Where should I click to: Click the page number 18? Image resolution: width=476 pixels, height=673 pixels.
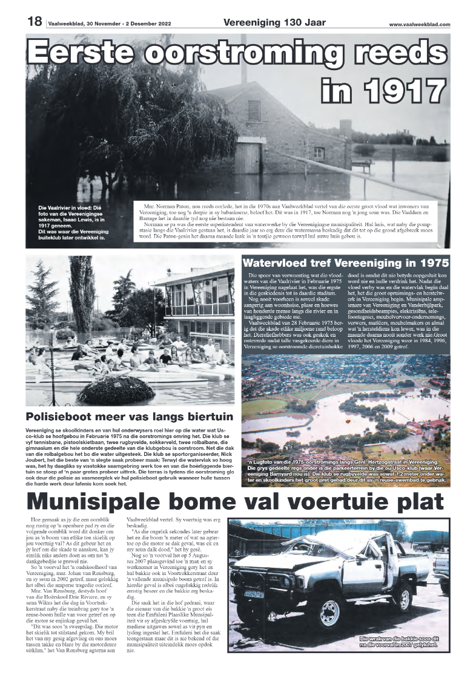33,22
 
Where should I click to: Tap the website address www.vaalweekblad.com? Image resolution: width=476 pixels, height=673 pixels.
420,25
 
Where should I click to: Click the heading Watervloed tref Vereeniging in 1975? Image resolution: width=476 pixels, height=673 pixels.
345,263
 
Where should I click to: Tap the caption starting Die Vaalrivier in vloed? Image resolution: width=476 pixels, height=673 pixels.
77,221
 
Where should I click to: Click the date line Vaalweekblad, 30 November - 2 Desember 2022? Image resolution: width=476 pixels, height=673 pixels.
113,25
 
